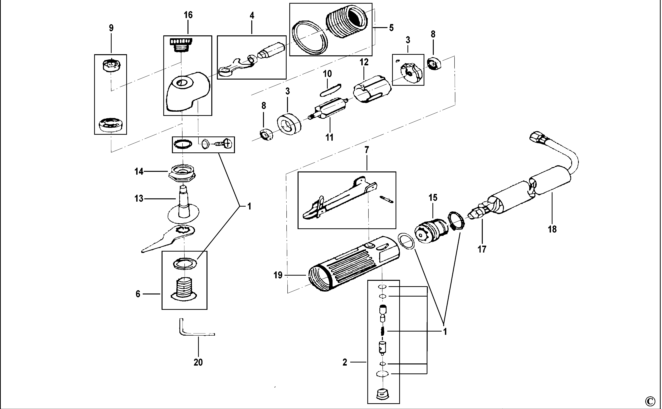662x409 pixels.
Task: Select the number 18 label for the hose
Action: point(552,229)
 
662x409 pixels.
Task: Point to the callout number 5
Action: point(391,28)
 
